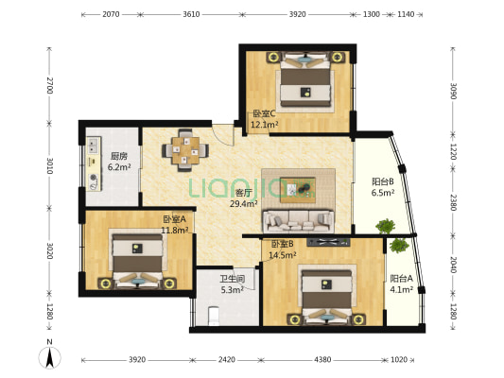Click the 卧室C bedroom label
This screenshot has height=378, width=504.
tap(264, 113)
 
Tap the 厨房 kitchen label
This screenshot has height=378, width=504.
tap(119, 157)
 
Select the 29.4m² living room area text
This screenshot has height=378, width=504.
tap(244, 203)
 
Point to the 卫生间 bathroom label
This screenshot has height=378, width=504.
tap(233, 279)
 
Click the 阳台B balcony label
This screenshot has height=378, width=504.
tap(383, 181)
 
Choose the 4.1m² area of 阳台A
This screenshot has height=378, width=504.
tap(402, 290)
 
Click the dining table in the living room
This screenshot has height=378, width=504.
tap(185, 150)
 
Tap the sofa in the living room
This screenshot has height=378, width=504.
tap(298, 221)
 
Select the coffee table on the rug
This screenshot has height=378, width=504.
tap(298, 190)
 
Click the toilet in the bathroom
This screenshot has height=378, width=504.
tap(214, 316)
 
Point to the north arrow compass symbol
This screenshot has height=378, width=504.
tap(49, 357)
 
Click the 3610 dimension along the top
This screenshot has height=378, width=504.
tap(191, 14)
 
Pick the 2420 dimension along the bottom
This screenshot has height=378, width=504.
tap(227, 360)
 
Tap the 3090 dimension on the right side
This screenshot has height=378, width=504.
tap(453, 92)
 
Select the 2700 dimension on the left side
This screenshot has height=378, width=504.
tap(49, 85)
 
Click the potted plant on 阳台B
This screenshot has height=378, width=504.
tap(386, 226)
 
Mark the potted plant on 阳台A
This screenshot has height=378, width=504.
tap(399, 246)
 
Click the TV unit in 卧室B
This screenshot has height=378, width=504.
tap(328, 242)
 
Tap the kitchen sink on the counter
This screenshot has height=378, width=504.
tap(94, 146)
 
